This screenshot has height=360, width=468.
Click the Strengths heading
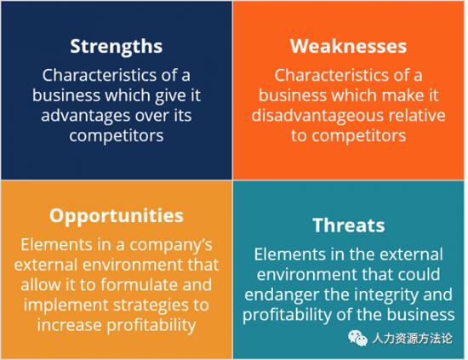point(117,47)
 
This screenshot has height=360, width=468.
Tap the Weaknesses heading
point(348,46)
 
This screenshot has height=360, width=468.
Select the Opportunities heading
point(117,216)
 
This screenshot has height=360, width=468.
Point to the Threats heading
point(349,225)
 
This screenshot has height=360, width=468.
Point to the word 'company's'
point(171,246)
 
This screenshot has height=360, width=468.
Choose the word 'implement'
point(66,306)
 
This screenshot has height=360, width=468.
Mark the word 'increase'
point(69,325)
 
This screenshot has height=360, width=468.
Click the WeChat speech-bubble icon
point(357,339)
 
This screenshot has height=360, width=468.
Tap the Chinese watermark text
point(413,339)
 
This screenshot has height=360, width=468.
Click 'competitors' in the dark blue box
point(117,136)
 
